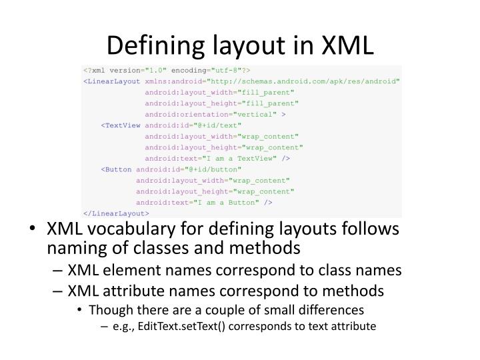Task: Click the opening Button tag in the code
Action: tap(117, 169)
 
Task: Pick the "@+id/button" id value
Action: tap(213, 169)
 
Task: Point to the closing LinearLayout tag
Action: tap(115, 213)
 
